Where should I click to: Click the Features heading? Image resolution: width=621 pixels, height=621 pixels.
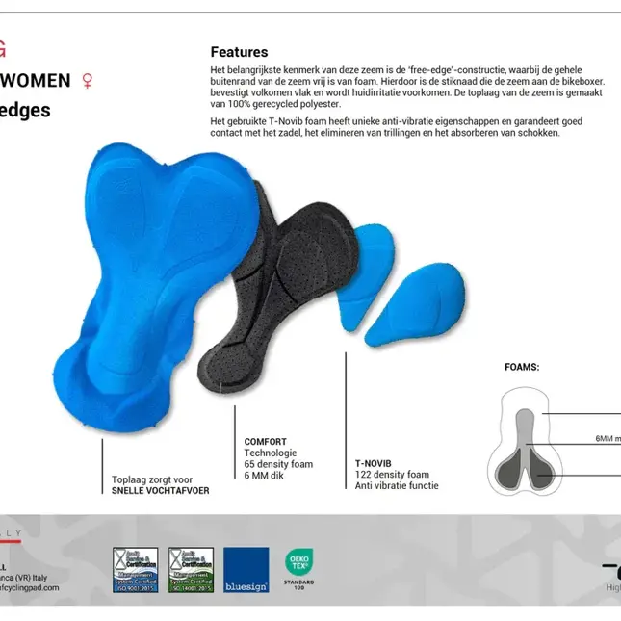239,52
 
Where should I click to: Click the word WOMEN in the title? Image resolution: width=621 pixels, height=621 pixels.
36,80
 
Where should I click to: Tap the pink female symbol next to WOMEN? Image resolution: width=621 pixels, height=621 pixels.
89,80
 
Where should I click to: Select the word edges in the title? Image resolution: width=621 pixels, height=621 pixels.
26,110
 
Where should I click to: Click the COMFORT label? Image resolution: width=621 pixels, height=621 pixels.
265,442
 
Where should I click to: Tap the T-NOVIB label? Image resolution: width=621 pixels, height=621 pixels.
374,463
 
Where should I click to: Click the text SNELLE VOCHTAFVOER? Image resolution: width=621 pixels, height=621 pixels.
160,490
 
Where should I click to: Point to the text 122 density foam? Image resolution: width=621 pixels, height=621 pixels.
392,475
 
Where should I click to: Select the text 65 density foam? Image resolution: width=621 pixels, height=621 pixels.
278,464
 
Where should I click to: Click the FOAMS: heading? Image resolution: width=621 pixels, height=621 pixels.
522,367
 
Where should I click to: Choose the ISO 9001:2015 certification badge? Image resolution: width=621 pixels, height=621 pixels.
136,570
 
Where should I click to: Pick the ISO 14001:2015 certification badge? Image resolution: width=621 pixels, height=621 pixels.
191,570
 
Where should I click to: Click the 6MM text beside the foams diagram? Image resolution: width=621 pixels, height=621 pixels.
607,438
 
